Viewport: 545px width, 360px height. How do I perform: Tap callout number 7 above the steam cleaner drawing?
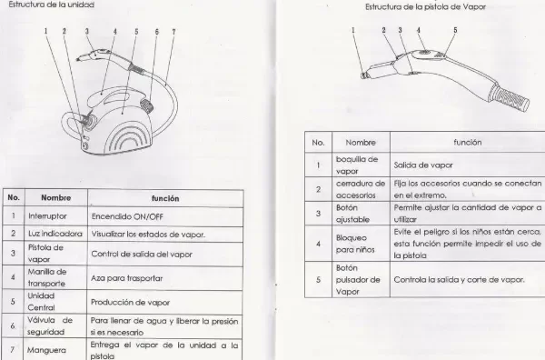173,31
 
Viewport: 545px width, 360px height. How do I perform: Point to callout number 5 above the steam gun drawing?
454,30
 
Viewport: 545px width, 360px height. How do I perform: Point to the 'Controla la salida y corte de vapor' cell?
460,279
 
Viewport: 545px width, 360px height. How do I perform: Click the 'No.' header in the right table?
318,143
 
